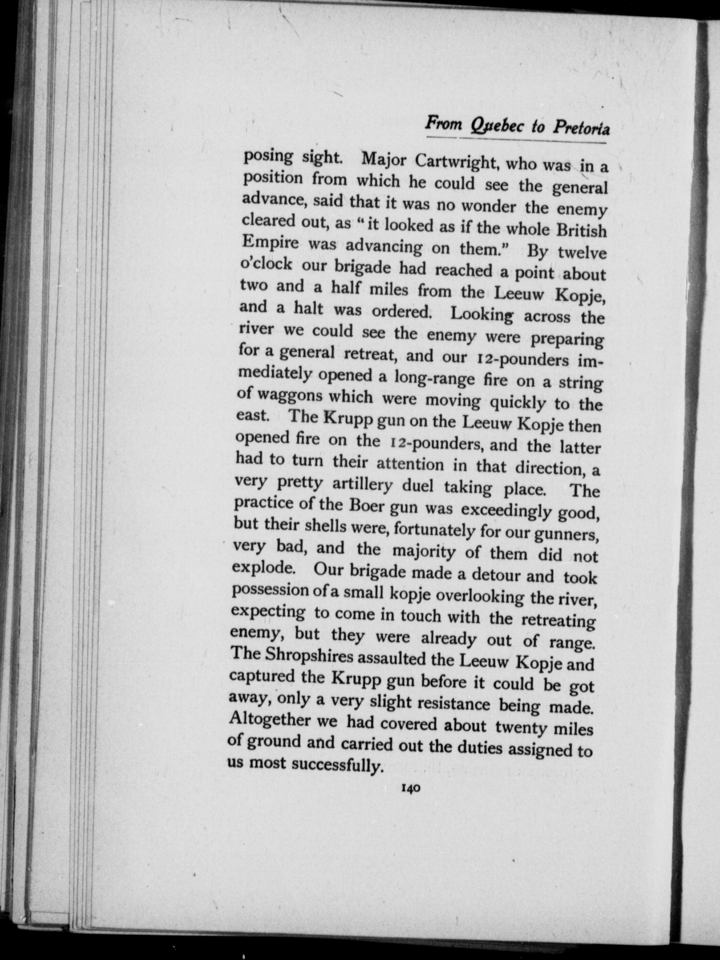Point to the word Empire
270,243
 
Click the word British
581,230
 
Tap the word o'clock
267,263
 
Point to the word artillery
363,485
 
